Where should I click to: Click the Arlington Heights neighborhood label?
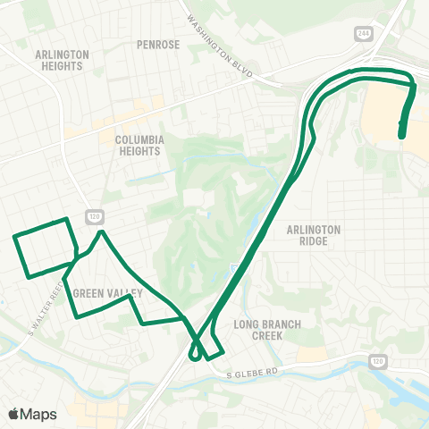click(63, 60)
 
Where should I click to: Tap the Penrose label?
click(159, 44)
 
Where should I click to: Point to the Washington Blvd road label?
click(217, 44)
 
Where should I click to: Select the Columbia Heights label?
click(139, 146)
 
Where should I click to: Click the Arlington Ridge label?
click(314, 235)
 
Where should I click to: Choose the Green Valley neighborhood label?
click(108, 292)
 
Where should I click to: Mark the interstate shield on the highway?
click(234, 269)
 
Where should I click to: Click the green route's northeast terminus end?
click(401, 136)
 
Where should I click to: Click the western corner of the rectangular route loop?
click(14, 237)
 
